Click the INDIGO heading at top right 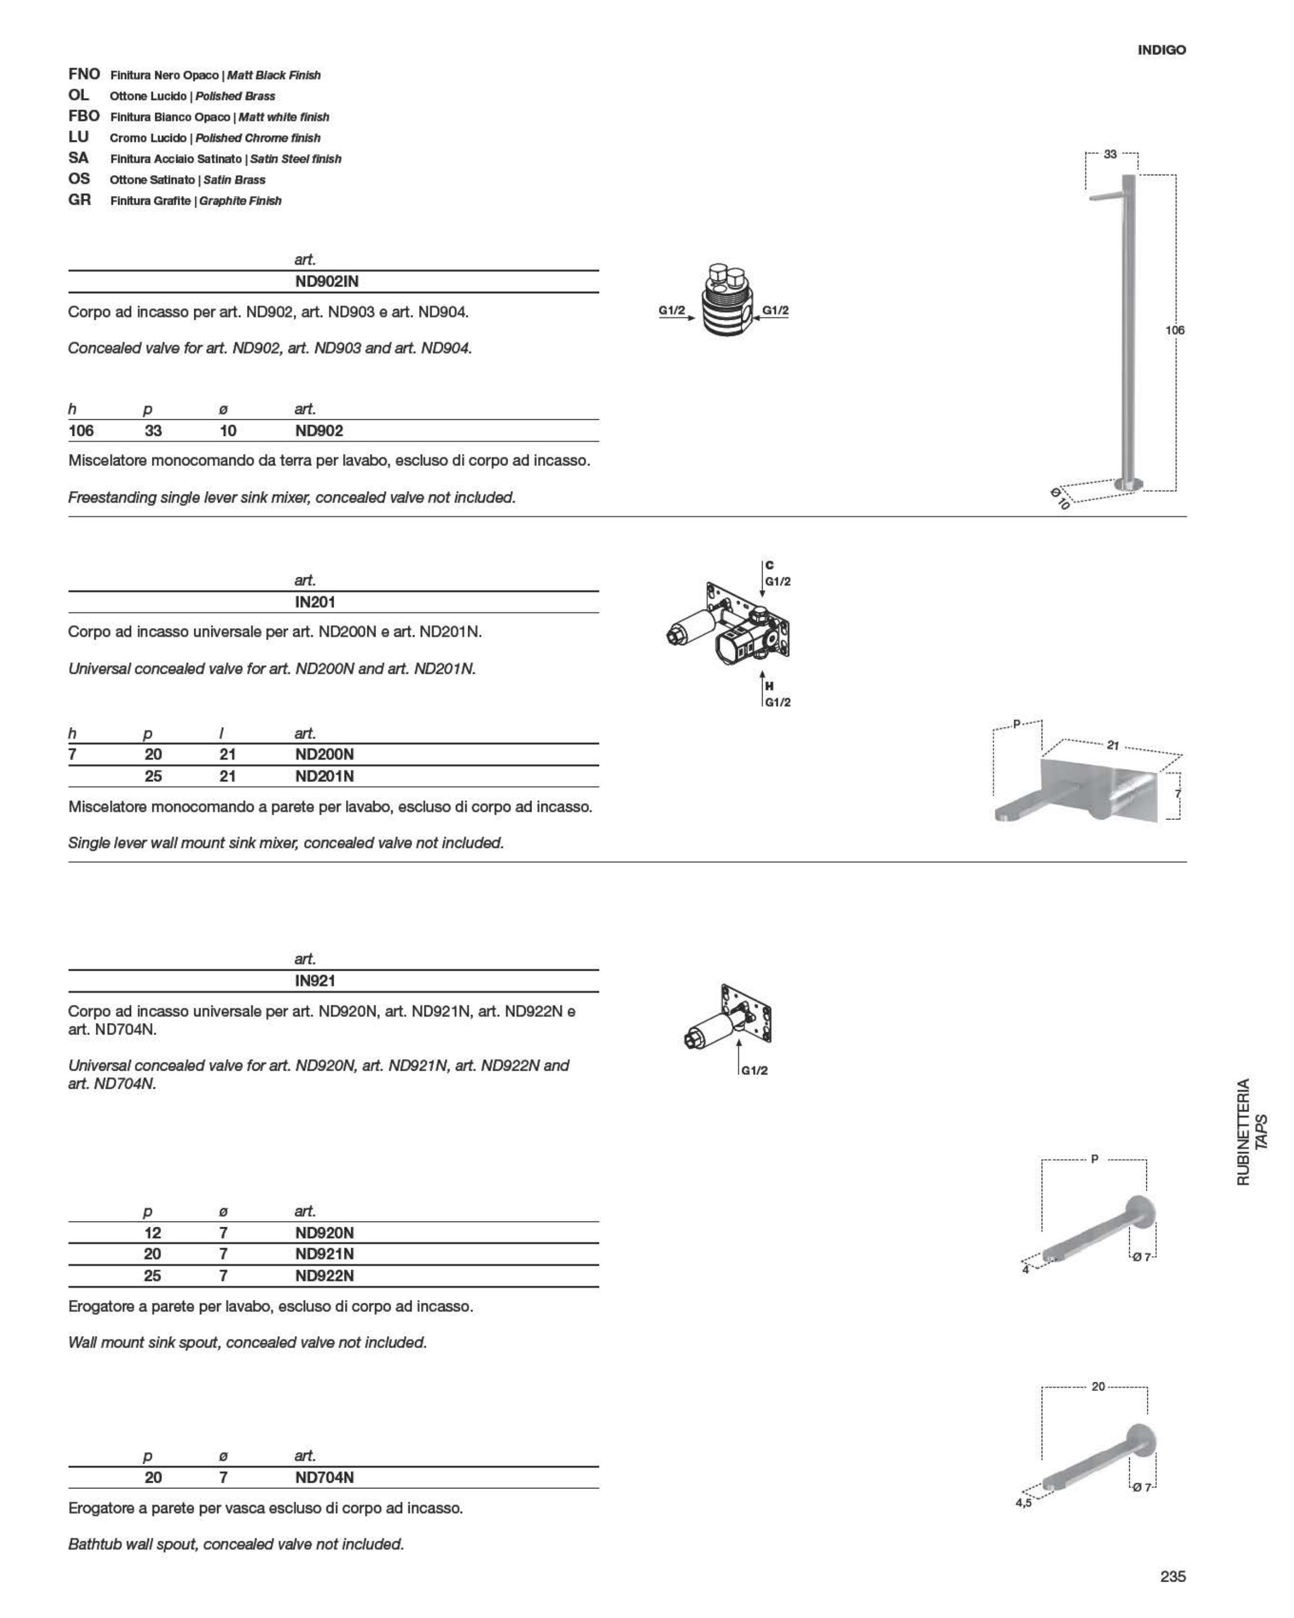[x=1161, y=50]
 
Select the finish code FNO [x=83, y=74]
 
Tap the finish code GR [x=80, y=200]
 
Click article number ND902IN [x=326, y=281]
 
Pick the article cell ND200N [x=324, y=754]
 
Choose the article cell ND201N [x=324, y=776]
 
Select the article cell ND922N [x=324, y=1276]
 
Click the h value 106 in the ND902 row [x=81, y=431]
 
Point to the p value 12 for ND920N [x=153, y=1232]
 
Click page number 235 [x=1172, y=1577]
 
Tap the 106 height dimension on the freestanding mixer [x=1175, y=330]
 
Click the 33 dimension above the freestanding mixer [x=1110, y=154]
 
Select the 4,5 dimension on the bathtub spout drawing [x=1023, y=1503]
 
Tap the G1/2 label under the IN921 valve [x=755, y=1071]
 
